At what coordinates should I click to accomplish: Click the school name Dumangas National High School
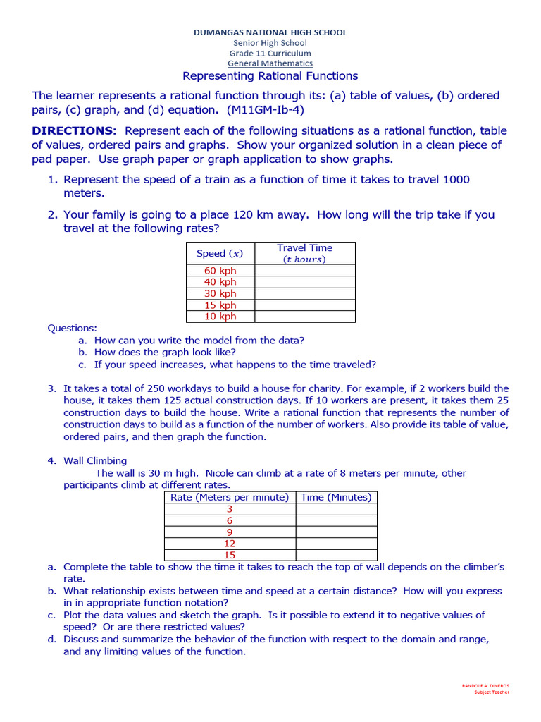click(270, 32)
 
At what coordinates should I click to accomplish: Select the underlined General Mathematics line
click(270, 63)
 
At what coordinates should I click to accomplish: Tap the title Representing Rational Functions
click(270, 76)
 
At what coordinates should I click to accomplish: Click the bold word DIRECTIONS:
click(74, 131)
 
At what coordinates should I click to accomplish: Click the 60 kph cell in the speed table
click(220, 271)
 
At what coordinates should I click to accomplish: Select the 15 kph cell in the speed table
click(220, 305)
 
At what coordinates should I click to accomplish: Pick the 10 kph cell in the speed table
click(220, 317)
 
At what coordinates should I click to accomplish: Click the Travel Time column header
click(304, 253)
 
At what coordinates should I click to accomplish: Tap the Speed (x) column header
click(220, 253)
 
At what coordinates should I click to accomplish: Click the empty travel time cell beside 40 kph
click(304, 282)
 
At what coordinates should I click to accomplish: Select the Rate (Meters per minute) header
click(230, 497)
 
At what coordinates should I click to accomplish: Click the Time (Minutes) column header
click(336, 497)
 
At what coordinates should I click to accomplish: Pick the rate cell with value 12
click(230, 544)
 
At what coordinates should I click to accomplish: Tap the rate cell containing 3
click(230, 509)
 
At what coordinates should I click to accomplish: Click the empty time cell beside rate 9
click(336, 532)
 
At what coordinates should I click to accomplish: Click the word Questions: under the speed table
click(72, 328)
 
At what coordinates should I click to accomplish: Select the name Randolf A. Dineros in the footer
click(485, 686)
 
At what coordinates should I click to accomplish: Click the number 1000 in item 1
click(456, 180)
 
